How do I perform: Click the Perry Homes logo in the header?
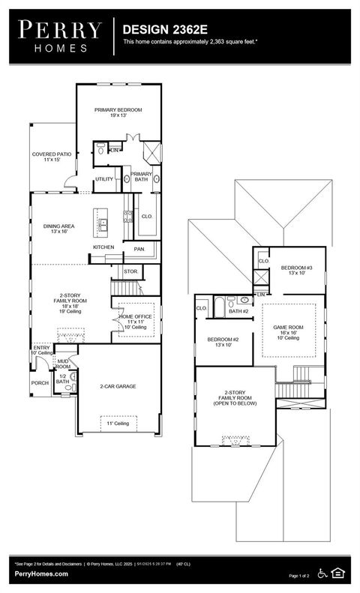[60, 36]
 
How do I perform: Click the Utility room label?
[103, 179]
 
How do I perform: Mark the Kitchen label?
[103, 247]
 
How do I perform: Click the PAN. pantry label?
[139, 249]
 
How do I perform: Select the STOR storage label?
[130, 271]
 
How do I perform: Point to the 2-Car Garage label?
[118, 387]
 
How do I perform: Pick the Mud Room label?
[63, 364]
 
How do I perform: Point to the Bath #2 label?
[238, 311]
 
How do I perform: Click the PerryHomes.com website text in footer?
[41, 574]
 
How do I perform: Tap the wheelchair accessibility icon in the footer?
[323, 574]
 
